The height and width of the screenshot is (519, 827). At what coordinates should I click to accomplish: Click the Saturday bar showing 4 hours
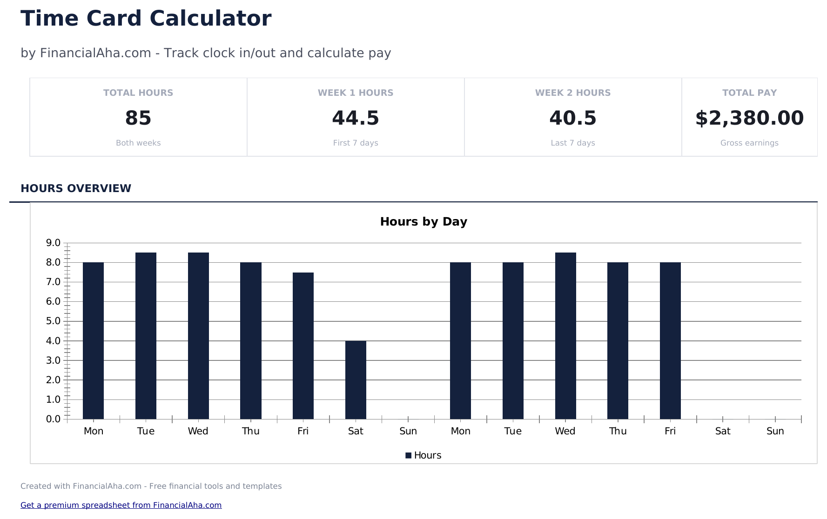pos(356,380)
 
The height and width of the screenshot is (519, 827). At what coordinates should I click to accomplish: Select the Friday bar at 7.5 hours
pos(303,346)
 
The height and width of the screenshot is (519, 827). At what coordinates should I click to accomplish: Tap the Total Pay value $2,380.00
pos(749,118)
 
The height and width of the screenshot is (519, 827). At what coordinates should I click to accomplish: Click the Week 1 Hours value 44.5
pos(356,118)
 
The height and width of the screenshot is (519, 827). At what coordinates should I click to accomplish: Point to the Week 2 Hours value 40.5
pos(572,118)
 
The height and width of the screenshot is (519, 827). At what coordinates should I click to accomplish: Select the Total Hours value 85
pos(138,118)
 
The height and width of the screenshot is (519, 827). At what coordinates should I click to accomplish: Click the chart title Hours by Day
pos(424,222)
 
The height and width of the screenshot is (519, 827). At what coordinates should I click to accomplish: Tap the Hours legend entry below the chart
pos(423,455)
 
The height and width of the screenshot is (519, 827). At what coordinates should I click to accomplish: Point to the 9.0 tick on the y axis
pos(53,243)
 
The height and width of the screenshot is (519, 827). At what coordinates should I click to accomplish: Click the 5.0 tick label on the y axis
pos(53,321)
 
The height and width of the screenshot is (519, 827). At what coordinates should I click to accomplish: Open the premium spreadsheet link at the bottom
pos(121,505)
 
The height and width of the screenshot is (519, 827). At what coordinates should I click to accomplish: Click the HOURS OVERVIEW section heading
pos(76,188)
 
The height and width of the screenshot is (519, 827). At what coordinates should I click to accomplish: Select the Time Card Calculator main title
pos(146,19)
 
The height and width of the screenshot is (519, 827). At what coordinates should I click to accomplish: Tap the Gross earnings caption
pos(749,143)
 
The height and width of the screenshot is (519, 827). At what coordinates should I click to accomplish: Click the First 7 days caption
pos(356,143)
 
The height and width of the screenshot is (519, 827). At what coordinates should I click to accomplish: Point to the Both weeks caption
pos(138,143)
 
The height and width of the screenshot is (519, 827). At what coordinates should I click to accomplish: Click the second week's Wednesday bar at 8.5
pos(565,336)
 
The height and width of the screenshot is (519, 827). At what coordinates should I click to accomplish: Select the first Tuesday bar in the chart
pos(146,336)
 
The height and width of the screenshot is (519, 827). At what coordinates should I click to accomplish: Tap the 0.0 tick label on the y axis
pos(53,419)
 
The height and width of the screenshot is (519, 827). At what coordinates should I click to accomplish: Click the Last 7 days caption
pos(572,143)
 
